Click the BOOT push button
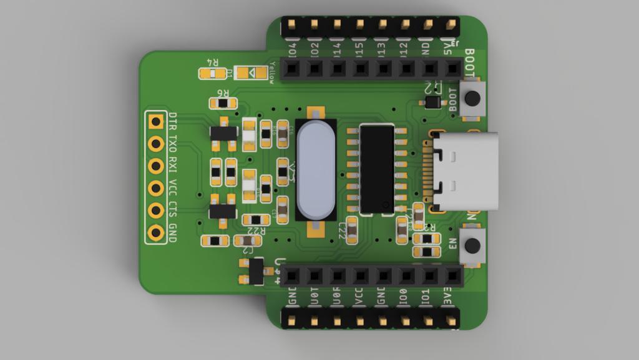click(472, 98)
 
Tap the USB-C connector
click(465, 171)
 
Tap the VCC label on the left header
click(173, 189)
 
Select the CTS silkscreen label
click(173, 211)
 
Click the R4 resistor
click(213, 74)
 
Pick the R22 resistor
click(256, 220)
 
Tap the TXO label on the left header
click(173, 143)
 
